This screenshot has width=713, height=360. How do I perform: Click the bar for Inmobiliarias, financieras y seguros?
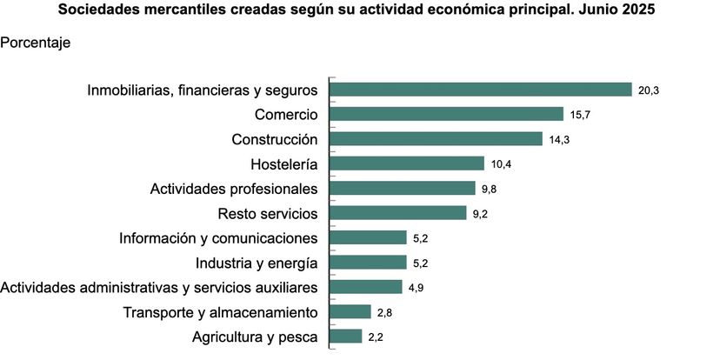[480, 90]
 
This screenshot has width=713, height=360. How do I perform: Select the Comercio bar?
[446, 114]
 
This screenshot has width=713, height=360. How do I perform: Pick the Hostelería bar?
[406, 163]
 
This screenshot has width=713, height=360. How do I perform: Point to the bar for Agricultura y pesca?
[345, 337]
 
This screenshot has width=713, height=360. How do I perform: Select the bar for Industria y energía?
[368, 263]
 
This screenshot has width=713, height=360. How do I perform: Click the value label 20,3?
[649, 90]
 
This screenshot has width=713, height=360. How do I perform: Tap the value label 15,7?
[581, 115]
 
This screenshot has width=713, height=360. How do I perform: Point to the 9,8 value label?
[490, 189]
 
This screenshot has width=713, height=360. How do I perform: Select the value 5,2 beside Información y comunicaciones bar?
[422, 238]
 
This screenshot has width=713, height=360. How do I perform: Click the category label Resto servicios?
[266, 213]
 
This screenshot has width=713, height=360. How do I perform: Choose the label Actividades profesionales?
[233, 189]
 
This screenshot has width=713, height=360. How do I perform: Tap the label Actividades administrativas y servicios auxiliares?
[159, 287]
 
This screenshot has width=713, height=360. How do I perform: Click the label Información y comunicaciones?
[218, 238]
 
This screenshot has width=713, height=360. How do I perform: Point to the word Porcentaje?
[36, 42]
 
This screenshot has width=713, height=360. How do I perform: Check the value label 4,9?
[417, 288]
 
